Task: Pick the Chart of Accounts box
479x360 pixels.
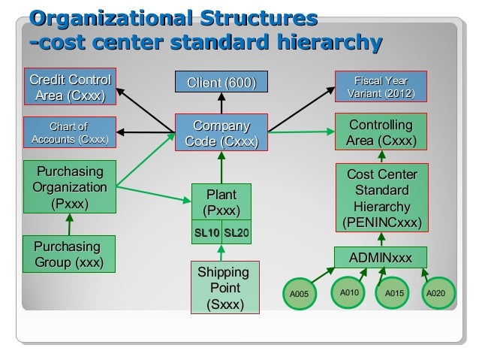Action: coord(68,133)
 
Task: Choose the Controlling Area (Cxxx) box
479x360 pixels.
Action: coord(381,133)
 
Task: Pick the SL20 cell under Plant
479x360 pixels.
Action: coord(236,234)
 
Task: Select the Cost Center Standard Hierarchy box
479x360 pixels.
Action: coord(381,198)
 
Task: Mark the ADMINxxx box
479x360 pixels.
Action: coord(381,259)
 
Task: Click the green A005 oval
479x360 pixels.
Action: coord(299,295)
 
